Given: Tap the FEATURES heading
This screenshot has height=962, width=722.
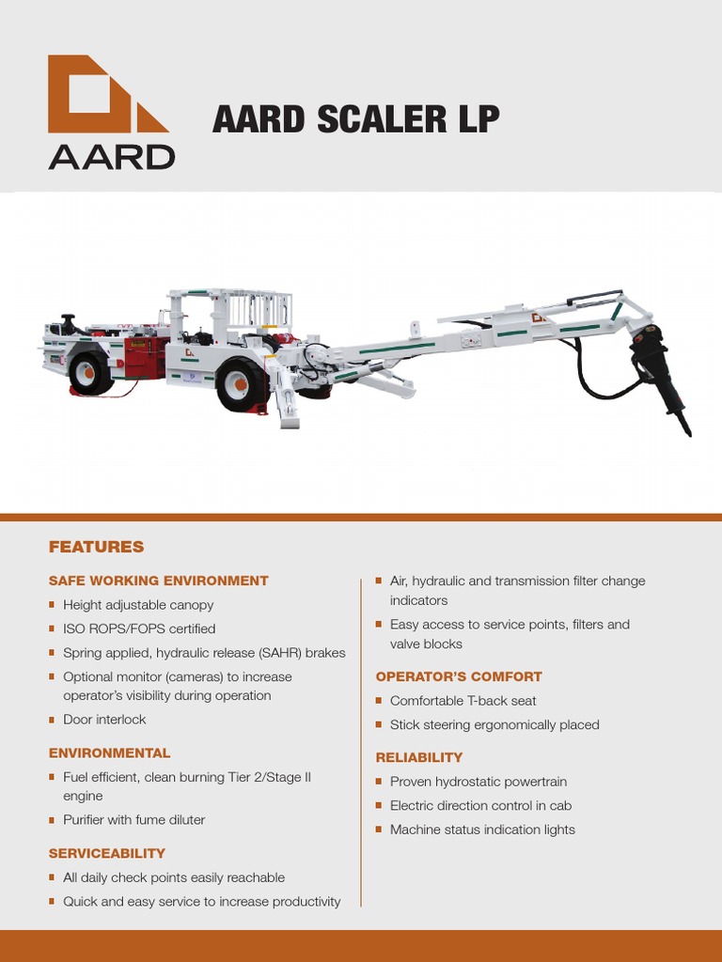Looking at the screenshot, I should (x=96, y=547).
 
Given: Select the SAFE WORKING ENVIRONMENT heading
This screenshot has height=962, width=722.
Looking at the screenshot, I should (x=158, y=581).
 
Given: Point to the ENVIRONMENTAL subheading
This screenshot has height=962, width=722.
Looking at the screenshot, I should (x=109, y=753).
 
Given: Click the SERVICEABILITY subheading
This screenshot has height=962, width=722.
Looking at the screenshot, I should (x=106, y=853).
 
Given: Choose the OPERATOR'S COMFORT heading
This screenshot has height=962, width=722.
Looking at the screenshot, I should (x=459, y=676).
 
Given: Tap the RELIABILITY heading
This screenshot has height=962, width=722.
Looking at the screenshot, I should (x=419, y=757).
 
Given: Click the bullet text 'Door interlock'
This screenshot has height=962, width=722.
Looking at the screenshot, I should (x=104, y=720).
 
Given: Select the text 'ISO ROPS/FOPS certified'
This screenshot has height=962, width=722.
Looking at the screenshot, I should (x=139, y=628).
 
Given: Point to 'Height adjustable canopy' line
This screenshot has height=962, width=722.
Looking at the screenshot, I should (x=138, y=605).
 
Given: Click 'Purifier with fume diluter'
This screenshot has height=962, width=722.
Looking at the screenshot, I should (x=133, y=820).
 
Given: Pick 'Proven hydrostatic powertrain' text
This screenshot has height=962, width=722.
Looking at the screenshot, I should (x=479, y=782).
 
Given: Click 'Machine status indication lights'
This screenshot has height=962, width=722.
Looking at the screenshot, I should (x=482, y=830).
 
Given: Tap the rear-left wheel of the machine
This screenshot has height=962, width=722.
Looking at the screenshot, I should (x=90, y=372).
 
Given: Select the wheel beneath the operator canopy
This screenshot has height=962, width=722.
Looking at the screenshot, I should (x=241, y=383).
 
